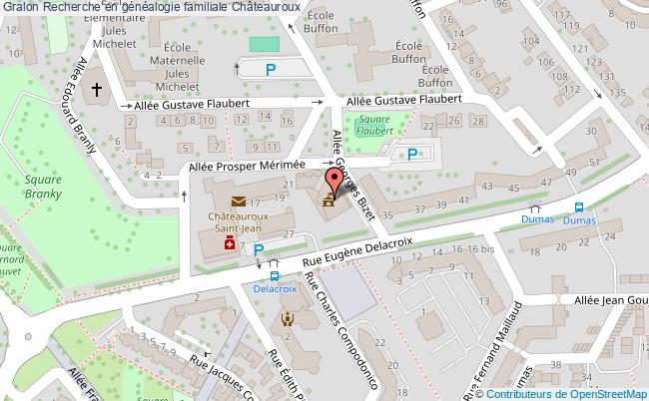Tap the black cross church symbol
(98, 90)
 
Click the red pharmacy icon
(228, 243)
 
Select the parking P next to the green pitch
(271, 69)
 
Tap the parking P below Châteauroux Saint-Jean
(259, 249)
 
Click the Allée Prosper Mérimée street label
(247, 170)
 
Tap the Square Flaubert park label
(373, 125)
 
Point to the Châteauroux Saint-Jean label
(243, 221)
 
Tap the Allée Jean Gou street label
(608, 299)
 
